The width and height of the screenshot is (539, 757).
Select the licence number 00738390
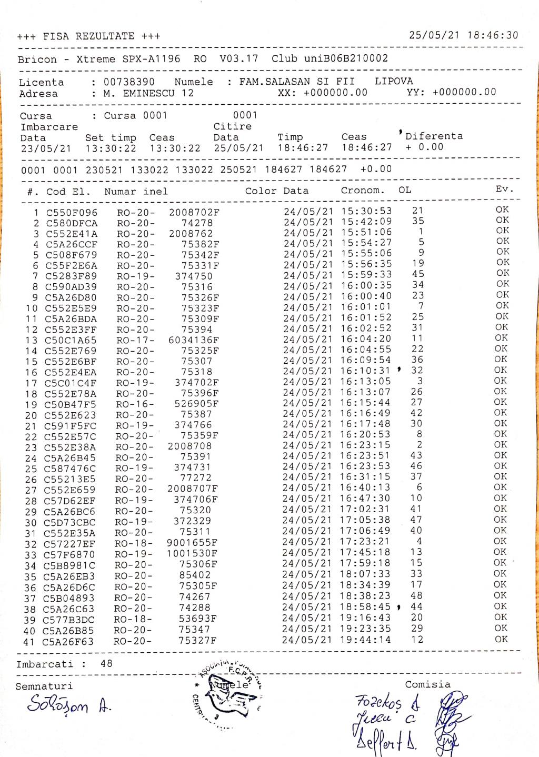click(129, 82)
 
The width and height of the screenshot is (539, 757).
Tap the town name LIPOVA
click(394, 81)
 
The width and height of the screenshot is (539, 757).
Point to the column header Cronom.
click(363, 190)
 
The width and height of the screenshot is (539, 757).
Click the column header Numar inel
click(136, 191)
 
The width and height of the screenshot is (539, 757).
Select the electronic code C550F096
click(72, 213)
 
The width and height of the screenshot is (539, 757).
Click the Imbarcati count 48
click(106, 663)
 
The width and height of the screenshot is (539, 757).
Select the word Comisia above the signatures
click(427, 684)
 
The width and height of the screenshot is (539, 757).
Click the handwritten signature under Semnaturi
click(66, 704)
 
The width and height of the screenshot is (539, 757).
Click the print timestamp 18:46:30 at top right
click(492, 35)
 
